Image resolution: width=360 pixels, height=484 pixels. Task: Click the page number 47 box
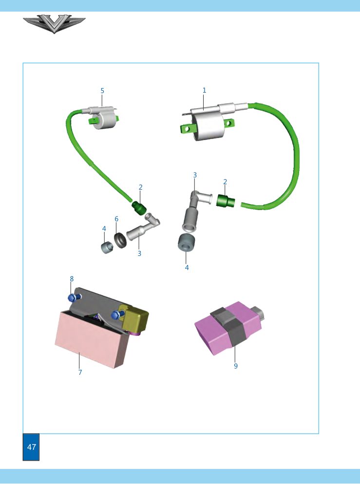31,446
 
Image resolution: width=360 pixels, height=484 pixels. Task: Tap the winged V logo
54,24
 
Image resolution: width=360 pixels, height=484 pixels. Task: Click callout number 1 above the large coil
204,90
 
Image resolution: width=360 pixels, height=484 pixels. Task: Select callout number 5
102,91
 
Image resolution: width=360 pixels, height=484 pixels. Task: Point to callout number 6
116,219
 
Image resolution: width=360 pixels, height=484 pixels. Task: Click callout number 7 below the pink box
80,372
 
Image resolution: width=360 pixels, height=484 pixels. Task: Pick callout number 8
72,279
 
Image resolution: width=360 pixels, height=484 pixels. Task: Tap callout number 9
236,366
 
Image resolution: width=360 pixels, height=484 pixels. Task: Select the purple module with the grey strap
228,328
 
